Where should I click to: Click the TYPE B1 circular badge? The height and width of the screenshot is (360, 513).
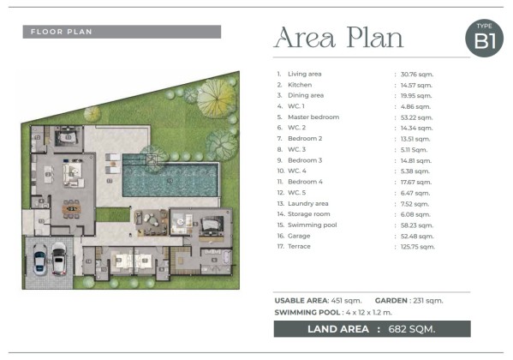click(484, 38)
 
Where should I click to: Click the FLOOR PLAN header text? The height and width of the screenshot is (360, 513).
click(61, 32)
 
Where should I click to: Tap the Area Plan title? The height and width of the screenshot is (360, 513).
click(338, 38)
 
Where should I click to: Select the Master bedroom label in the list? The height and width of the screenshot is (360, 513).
click(313, 117)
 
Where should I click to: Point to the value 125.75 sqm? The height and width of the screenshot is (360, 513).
click(418, 247)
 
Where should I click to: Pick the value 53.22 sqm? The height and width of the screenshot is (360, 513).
click(417, 117)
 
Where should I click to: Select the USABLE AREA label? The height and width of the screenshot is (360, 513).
click(301, 300)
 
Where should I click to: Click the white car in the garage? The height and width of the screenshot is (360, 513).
click(40, 259)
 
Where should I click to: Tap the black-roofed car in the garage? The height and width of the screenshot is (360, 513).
click(59, 259)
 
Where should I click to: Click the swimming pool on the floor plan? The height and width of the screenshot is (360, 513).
click(170, 177)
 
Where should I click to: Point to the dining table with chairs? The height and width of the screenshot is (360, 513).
click(72, 208)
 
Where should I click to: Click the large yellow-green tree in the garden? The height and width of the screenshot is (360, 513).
click(216, 99)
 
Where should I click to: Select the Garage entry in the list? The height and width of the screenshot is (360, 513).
click(299, 236)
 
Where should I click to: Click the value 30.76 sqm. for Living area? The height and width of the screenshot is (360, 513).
click(417, 75)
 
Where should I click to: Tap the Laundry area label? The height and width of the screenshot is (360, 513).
click(307, 203)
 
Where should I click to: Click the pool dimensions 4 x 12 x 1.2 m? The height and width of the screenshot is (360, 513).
click(369, 312)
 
